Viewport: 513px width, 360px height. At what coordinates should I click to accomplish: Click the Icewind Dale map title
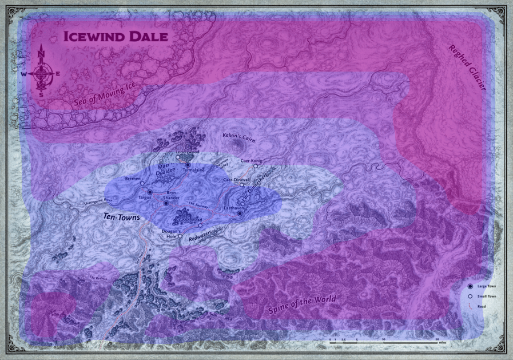point(116,37)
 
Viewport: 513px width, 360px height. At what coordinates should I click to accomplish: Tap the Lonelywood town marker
point(178,157)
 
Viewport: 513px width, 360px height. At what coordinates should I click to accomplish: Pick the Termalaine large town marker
point(188,165)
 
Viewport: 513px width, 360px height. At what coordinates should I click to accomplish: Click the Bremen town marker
point(142,184)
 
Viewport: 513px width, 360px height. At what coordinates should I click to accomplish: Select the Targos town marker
point(150,192)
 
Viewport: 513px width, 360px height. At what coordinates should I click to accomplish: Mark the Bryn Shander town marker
point(166,203)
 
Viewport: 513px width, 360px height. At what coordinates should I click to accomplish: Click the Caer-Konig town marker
point(256,167)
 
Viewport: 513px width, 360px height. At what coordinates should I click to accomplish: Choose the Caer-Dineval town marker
point(242,185)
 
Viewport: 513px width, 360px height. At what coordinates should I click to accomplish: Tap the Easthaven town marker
point(240,213)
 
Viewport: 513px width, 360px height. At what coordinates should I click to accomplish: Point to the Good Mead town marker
point(200,225)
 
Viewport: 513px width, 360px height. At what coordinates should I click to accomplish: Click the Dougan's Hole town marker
point(180,236)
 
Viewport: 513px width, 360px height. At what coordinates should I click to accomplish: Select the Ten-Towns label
point(122,217)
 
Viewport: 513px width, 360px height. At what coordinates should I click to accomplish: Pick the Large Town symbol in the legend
point(470,286)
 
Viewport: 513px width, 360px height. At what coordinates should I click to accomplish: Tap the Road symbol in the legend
point(470,307)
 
